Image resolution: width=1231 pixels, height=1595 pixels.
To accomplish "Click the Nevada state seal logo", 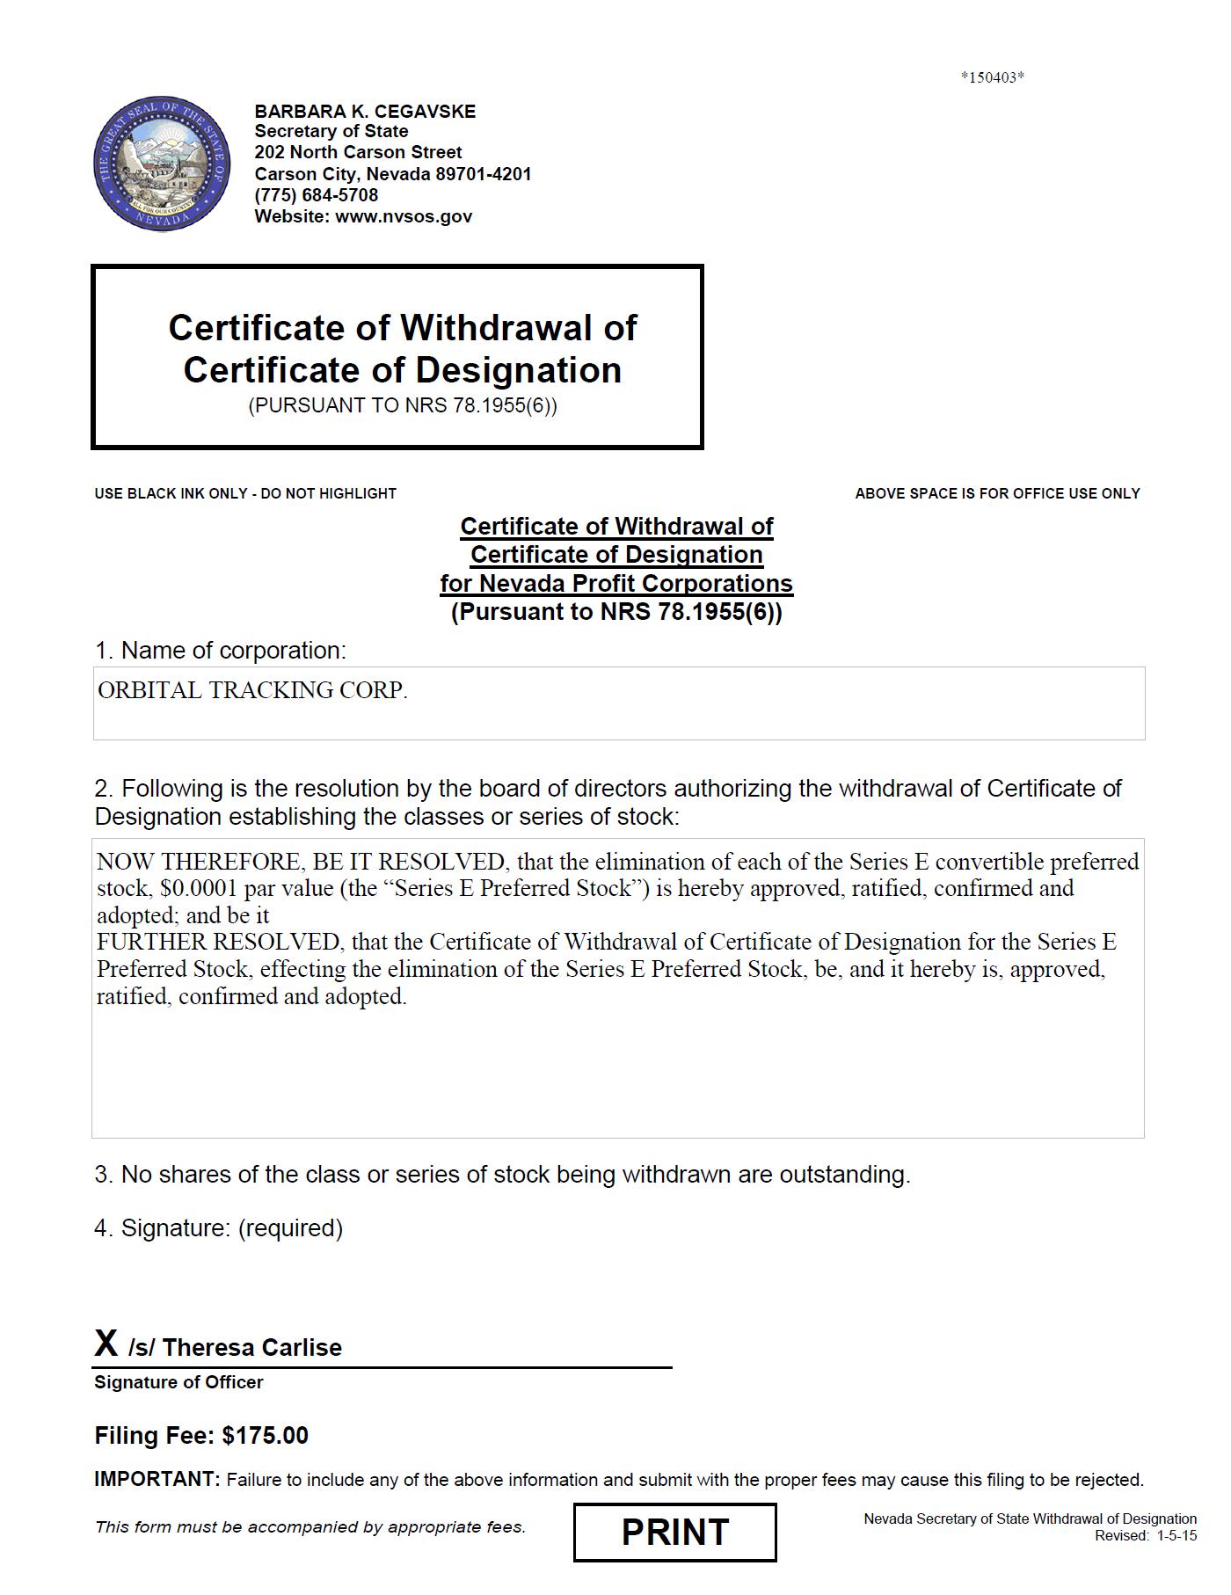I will click(x=162, y=165).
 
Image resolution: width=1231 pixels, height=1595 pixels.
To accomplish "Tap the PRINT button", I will click(x=674, y=1533).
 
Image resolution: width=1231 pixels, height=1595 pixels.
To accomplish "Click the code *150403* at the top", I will click(x=992, y=77).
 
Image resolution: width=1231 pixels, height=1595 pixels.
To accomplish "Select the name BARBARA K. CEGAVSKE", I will click(x=365, y=112).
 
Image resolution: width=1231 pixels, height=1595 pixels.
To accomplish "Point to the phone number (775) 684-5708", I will click(x=317, y=195).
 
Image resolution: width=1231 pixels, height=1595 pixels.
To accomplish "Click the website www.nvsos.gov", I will click(x=404, y=216).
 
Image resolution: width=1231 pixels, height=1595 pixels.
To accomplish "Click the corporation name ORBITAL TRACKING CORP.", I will click(x=252, y=691).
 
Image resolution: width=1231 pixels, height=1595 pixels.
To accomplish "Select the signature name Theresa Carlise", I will click(x=252, y=1347).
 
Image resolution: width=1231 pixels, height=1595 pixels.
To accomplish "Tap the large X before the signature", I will click(x=106, y=1344).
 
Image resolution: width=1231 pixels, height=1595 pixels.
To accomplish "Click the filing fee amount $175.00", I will click(x=265, y=1436).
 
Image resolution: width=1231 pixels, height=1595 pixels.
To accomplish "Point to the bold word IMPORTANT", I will click(x=157, y=1479).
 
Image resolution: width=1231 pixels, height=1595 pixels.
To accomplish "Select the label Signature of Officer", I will click(x=178, y=1382).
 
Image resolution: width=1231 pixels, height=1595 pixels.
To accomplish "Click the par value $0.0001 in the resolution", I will click(x=199, y=888).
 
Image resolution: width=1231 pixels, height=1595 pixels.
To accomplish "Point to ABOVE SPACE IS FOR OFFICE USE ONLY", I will click(x=997, y=494).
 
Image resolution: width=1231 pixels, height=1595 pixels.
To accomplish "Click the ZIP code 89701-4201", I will click(x=484, y=174).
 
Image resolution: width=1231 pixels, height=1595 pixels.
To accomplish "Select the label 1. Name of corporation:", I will click(x=220, y=651).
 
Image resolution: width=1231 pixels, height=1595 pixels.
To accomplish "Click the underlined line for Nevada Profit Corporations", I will click(x=616, y=584).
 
